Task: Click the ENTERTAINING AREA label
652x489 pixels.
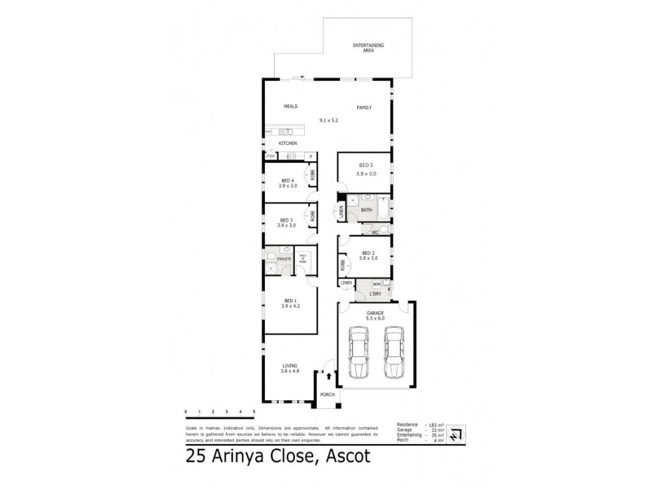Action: tap(368, 47)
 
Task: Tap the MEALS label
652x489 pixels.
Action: tap(289, 107)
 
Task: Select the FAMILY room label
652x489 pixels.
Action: tap(363, 107)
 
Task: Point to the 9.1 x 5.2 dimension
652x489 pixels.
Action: tap(328, 121)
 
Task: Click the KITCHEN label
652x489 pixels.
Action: tap(289, 143)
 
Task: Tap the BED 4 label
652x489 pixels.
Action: tap(287, 180)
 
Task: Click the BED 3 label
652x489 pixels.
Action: tap(287, 219)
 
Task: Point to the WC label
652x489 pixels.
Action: tap(376, 232)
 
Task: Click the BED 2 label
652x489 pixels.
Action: tap(368, 253)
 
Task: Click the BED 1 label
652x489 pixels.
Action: tap(290, 301)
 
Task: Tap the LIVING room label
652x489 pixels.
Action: tap(290, 366)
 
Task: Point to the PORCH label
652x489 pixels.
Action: tap(328, 394)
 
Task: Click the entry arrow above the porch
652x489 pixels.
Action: tap(328, 377)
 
